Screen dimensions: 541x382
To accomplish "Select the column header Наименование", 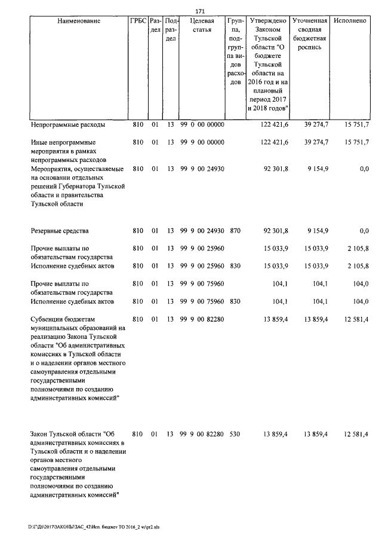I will (79, 21).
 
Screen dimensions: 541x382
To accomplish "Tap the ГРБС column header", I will (138, 21).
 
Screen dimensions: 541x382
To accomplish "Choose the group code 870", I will (235, 230).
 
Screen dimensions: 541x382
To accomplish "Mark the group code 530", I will (235, 433).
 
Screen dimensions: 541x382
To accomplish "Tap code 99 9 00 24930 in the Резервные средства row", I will (202, 230).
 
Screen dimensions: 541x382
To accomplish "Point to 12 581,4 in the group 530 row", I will (355, 433).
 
